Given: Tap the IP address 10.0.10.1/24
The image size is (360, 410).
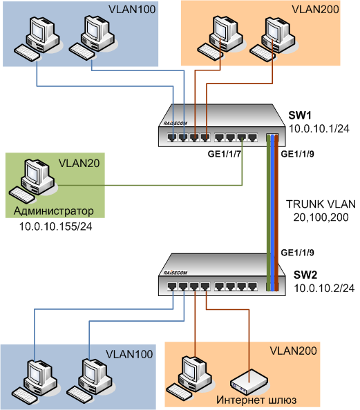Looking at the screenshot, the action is [319, 128].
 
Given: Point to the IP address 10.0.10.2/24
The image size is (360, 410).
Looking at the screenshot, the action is [324, 288].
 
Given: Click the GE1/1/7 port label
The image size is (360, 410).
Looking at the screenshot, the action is [224, 154].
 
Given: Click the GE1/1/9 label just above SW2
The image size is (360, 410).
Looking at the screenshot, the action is [297, 253].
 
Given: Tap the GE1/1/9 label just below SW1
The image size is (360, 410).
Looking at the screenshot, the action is [297, 154].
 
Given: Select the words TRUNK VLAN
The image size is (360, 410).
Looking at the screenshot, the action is [321, 204].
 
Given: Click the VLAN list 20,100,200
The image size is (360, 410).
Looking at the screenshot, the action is [321, 217].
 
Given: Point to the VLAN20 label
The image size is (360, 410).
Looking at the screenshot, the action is [79, 163].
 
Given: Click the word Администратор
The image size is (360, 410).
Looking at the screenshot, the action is [54, 211].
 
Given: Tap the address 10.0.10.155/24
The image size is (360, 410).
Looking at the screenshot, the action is [56, 226].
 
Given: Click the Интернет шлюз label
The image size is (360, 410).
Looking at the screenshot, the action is [256, 400].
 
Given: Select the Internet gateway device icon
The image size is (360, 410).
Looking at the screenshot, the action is [249, 382].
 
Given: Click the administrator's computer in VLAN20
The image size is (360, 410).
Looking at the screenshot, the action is [32, 181].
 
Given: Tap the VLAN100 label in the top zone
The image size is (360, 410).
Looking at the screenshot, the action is [132, 10].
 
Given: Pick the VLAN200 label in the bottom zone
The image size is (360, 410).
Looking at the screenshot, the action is [293, 351].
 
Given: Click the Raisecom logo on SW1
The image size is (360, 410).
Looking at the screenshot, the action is [175, 123].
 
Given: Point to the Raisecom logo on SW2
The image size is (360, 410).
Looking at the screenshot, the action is [175, 273].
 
